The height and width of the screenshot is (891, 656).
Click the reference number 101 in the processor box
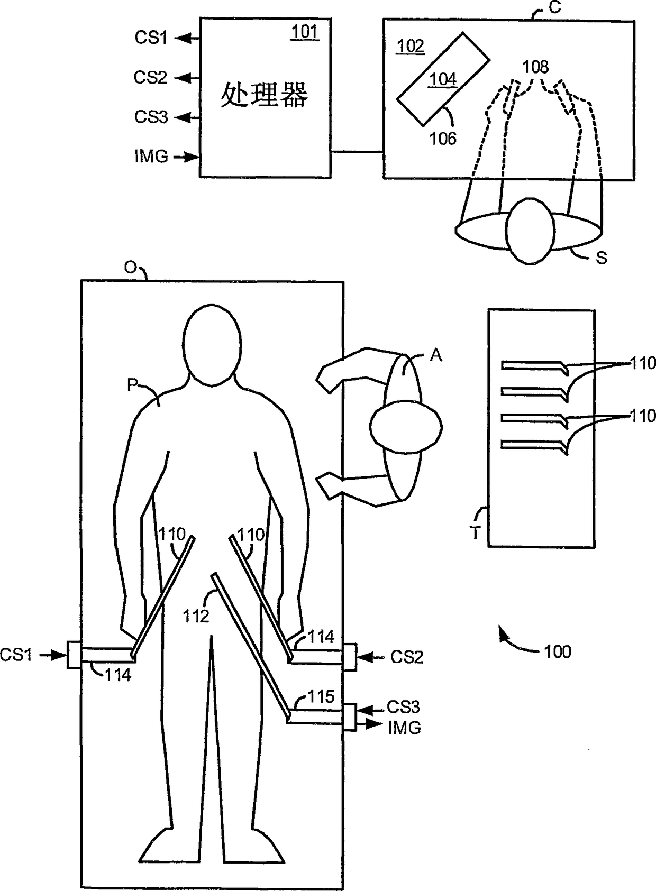click(305, 33)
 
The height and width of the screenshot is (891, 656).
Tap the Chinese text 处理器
click(264, 95)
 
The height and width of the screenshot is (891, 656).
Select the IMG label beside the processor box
click(151, 157)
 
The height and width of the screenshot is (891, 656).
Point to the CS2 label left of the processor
click(150, 78)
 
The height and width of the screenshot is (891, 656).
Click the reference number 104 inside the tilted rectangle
click(442, 79)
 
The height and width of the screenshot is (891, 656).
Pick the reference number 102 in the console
click(411, 47)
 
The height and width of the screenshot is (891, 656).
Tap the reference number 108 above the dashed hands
click(535, 67)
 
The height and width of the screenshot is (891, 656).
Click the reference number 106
click(443, 139)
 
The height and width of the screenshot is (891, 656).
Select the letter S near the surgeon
click(601, 258)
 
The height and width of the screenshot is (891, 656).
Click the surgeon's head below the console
click(529, 231)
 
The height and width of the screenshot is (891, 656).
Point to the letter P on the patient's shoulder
click(133, 385)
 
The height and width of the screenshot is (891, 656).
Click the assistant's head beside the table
click(406, 426)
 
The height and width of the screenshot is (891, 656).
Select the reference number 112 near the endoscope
click(196, 616)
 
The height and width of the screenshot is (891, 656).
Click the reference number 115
click(321, 697)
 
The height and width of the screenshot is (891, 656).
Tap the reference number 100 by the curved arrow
click(558, 651)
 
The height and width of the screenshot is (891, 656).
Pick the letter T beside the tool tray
click(475, 533)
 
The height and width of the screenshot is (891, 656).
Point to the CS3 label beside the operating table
click(404, 707)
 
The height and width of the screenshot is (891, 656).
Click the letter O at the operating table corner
click(131, 268)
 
